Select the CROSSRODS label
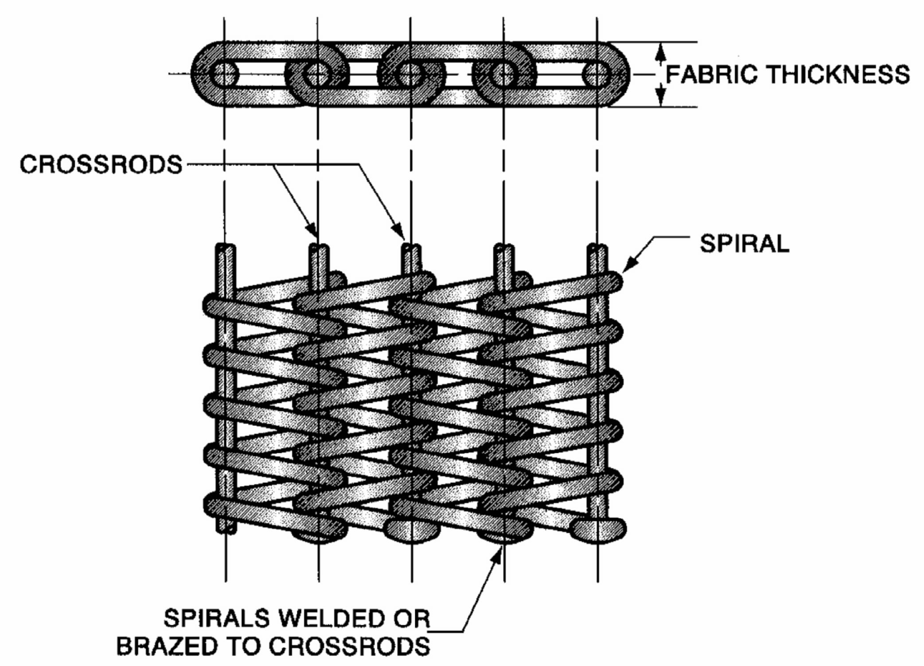tap(101, 164)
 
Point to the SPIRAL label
tap(745, 243)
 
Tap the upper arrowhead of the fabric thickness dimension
tap(661, 52)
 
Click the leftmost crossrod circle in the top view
tap(224, 74)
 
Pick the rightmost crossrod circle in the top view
tap(597, 74)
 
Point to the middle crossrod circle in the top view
tap(410, 74)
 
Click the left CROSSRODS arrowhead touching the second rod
tap(312, 230)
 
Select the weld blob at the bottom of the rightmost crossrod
tap(598, 530)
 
